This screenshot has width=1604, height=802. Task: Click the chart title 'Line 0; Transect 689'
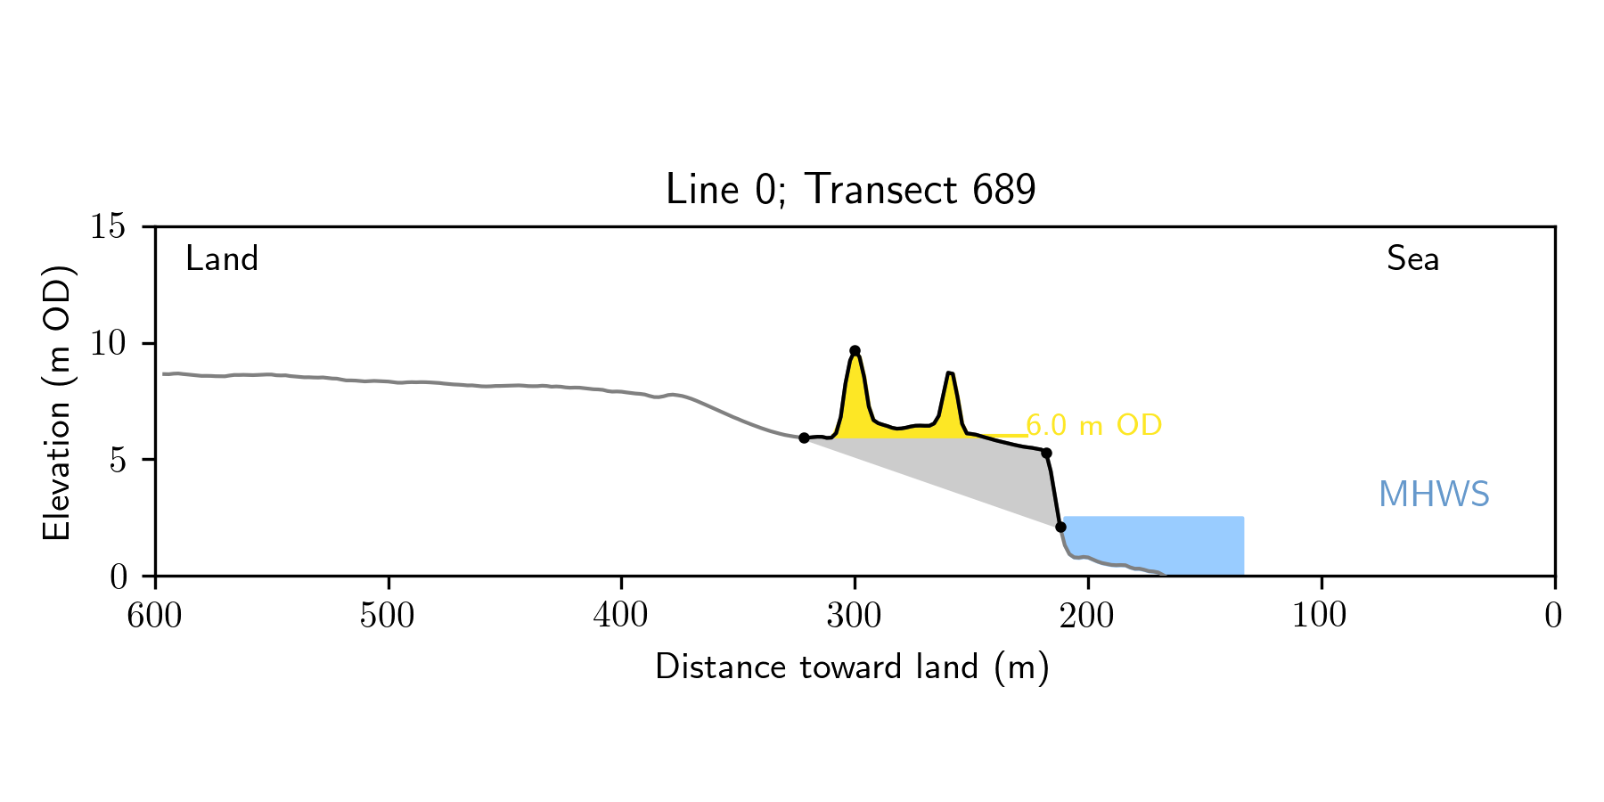[851, 190]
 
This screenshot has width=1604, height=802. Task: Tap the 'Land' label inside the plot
[222, 259]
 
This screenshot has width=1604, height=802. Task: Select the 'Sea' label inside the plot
[1412, 259]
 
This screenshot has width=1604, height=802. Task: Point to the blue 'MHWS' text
[1434, 495]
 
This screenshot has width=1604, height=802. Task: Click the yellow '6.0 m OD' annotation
[1094, 425]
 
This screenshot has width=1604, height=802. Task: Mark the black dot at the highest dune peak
[855, 351]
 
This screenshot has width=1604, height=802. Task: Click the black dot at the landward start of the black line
[804, 438]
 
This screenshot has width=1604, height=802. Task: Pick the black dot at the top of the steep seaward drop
[1046, 454]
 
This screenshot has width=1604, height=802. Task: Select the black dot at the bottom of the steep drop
[1060, 527]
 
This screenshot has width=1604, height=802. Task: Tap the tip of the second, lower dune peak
[950, 373]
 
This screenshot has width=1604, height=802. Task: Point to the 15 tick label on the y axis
[108, 227]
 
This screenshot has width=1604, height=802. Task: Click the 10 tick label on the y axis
[108, 344]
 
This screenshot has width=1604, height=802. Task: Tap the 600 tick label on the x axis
[155, 616]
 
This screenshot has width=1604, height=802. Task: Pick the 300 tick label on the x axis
[855, 616]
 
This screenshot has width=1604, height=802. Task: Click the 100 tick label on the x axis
[1321, 616]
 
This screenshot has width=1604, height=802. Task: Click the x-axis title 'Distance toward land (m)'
[852, 667]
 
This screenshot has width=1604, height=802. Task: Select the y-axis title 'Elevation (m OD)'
[57, 402]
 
